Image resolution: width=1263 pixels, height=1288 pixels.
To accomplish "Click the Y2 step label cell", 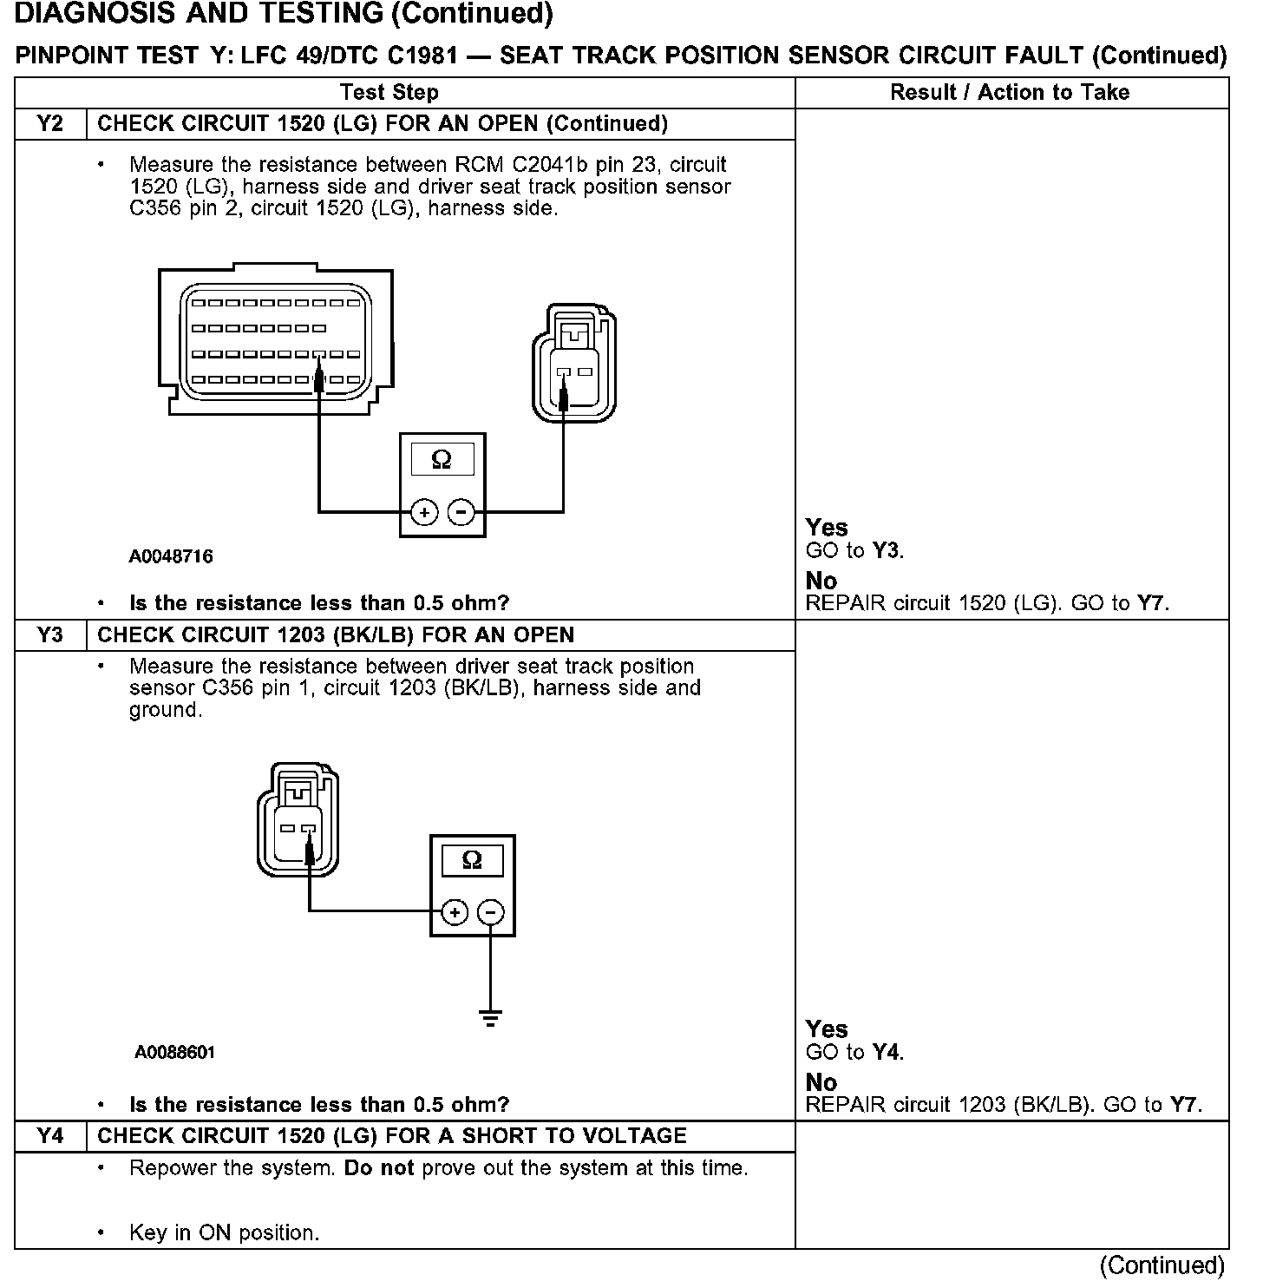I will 51,123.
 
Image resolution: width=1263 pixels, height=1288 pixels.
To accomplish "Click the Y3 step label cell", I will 51,634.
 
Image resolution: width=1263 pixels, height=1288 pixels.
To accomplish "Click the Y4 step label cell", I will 51,1136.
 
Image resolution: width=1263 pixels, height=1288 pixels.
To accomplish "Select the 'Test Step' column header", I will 389,92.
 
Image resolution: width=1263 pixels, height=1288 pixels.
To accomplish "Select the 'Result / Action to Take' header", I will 1010,92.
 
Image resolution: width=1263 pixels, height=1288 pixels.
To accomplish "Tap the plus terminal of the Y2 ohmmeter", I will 424,513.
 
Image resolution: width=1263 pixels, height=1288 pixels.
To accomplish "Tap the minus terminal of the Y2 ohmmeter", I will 461,513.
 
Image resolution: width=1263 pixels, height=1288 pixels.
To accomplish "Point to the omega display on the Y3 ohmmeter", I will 472,860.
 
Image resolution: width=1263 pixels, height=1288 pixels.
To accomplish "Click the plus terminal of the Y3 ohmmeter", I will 455,912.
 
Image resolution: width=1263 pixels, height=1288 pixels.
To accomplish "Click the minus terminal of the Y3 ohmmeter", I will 491,912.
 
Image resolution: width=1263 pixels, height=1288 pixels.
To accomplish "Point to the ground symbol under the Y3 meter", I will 491,1017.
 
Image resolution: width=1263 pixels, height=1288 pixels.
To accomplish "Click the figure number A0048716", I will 171,556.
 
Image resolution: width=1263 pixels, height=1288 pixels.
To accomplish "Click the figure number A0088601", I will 175,1052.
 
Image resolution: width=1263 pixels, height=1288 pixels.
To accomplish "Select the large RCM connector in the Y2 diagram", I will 276,341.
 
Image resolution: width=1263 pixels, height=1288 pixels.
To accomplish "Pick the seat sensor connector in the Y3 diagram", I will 298,819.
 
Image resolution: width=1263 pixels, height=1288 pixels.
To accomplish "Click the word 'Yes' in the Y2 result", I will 826,527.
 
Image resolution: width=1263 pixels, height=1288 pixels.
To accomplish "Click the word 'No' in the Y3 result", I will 821,1082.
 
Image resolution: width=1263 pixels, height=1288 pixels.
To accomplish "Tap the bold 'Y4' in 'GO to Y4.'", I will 887,1053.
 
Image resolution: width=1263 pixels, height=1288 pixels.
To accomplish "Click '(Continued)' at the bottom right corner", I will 1162,1265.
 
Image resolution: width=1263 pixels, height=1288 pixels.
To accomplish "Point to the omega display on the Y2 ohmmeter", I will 442,460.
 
